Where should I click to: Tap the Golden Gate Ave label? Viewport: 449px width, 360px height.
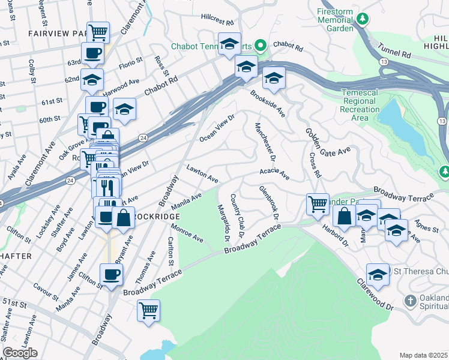click(x=327, y=143)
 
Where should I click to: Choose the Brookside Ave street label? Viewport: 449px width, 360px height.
click(x=268, y=104)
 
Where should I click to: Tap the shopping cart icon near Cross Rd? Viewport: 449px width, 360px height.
click(x=317, y=202)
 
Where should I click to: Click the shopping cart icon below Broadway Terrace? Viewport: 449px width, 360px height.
click(x=148, y=310)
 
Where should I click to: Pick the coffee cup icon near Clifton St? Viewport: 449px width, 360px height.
click(x=111, y=274)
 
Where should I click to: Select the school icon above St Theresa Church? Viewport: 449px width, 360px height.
click(x=378, y=274)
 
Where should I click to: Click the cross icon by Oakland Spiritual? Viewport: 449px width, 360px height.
click(x=410, y=301)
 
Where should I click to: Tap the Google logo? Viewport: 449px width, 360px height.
click(x=20, y=353)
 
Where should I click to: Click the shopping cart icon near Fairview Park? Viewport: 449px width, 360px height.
click(x=98, y=31)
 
